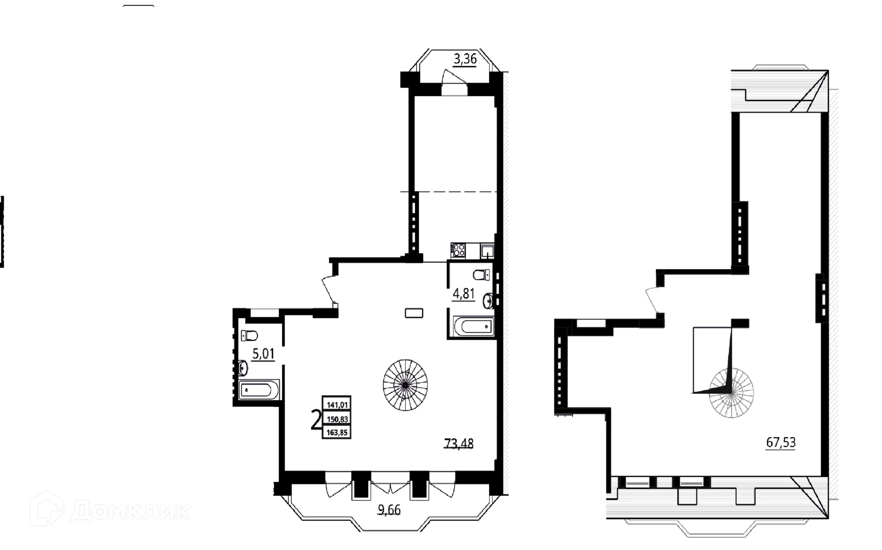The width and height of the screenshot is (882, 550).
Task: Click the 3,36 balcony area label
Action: pos(465,59)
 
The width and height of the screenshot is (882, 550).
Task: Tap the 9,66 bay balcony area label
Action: pos(389,510)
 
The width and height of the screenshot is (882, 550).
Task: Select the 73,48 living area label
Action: pos(458,443)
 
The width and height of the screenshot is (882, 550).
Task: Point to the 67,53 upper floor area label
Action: pos(781,443)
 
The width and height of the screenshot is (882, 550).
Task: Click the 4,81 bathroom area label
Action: pos(464,293)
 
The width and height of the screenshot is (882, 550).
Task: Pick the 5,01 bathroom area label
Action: pos(263,354)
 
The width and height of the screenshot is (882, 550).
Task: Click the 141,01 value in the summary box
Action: pos(337,405)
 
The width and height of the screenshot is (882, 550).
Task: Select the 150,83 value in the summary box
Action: pos(337,419)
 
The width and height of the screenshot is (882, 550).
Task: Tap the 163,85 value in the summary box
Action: pos(337,432)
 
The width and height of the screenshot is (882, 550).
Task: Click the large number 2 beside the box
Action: pos(316,420)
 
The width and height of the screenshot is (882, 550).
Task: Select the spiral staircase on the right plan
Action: pos(731,393)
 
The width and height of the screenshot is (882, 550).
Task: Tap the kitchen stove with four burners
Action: pos(458,250)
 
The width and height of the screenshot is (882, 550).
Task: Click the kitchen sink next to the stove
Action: pos(487,251)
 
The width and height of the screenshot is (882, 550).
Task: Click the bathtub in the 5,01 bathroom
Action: pos(259,390)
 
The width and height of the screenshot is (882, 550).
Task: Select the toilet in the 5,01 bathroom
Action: pos(249,336)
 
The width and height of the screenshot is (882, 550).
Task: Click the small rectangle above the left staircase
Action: pos(413,313)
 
